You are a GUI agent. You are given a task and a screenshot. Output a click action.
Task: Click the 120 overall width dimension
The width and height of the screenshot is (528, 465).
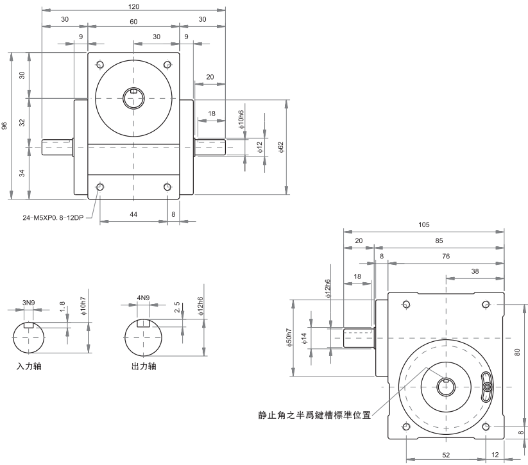(133, 6)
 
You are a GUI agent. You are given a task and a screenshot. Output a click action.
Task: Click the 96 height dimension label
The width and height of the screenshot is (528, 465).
(4, 126)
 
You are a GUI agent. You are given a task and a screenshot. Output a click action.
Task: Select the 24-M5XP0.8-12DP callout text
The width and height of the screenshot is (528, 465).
(53, 217)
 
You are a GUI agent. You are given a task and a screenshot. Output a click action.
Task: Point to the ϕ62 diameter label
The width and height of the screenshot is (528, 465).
(280, 148)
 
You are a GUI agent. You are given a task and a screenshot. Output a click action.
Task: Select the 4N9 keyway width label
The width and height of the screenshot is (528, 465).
(142, 298)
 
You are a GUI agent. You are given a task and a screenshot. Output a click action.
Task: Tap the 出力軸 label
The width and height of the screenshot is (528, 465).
(142, 368)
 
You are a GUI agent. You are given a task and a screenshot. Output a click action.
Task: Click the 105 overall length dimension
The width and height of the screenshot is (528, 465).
(423, 225)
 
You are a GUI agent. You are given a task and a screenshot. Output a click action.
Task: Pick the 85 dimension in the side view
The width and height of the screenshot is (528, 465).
(439, 241)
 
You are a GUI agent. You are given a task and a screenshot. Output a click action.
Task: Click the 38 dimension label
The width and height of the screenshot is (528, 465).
(475, 271)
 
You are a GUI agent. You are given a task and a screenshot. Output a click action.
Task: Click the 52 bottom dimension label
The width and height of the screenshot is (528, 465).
(445, 455)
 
